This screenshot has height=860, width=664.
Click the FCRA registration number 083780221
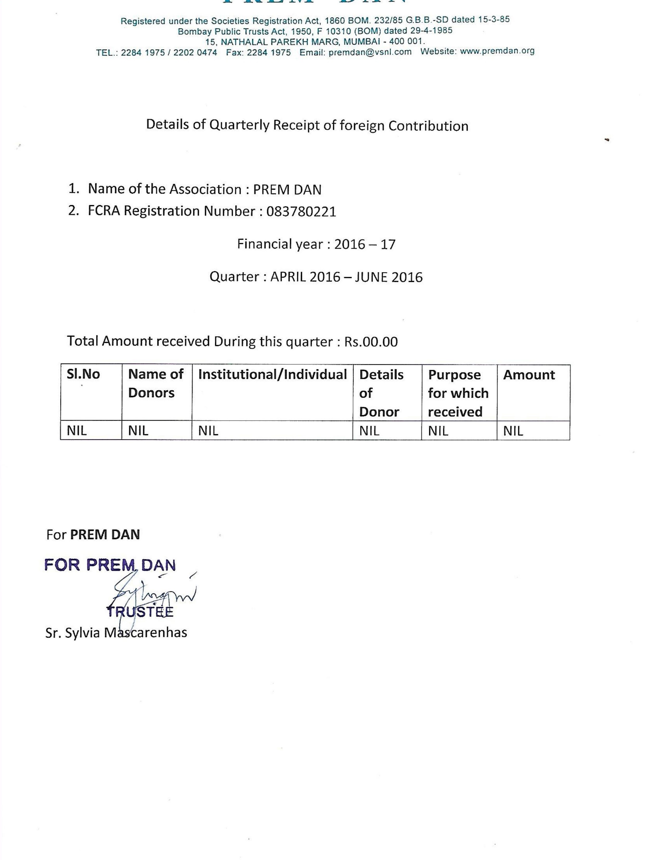point(301,212)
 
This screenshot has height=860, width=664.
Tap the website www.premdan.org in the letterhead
point(497,51)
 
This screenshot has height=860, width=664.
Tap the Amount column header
point(529,374)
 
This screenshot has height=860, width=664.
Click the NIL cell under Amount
point(513,431)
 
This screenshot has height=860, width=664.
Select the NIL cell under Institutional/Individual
point(208,431)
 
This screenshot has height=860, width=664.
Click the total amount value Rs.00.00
point(371,341)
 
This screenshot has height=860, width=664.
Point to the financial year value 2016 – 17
point(365,244)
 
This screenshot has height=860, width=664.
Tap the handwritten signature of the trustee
point(153,595)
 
